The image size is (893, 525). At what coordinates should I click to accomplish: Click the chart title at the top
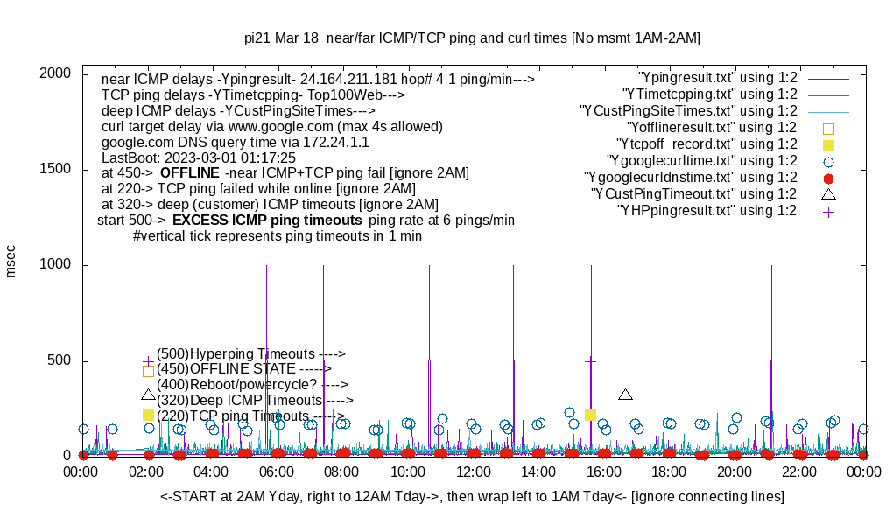[472, 38]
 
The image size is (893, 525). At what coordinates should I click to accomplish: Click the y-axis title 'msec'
[11, 262]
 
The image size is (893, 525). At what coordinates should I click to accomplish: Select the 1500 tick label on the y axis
[54, 170]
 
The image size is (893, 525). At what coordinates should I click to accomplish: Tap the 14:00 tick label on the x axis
[538, 472]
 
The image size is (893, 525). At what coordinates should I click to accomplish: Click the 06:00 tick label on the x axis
[278, 472]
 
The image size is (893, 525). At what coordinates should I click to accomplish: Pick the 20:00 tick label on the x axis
[734, 472]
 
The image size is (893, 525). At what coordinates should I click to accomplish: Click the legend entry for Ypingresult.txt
[718, 78]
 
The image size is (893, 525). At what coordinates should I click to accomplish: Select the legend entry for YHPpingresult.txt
[707, 211]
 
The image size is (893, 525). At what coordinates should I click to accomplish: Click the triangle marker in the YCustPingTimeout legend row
[828, 194]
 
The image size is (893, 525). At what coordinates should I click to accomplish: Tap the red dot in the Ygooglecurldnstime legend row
[828, 178]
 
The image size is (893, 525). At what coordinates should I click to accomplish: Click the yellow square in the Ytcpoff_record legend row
[828, 144]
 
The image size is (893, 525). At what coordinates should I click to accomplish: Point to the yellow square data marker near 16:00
[591, 415]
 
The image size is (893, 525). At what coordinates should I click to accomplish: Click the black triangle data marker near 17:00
[625, 395]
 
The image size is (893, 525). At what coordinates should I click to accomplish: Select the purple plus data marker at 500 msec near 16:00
[591, 360]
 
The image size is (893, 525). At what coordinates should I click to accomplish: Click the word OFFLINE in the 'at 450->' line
[189, 172]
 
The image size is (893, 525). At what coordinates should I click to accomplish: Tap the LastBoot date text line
[199, 157]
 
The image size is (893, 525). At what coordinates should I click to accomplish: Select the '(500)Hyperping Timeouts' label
[250, 353]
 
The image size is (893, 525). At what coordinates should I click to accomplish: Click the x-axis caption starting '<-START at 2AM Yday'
[472, 497]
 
